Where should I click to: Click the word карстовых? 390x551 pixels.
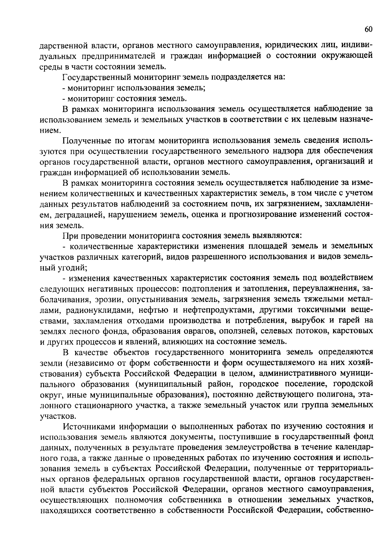click(354, 331)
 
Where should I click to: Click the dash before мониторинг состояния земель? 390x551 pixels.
click(64, 99)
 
